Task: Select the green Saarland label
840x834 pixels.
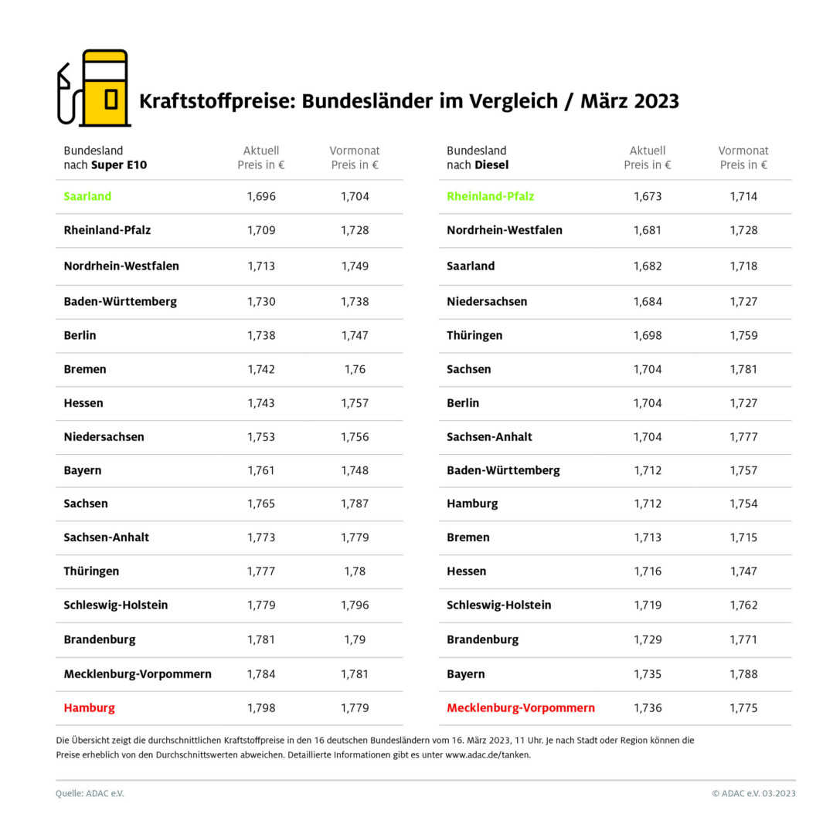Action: click(x=87, y=196)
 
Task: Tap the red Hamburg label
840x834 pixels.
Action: click(x=89, y=707)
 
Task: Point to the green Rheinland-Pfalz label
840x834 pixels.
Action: click(x=490, y=196)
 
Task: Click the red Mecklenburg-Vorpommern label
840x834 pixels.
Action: click(x=521, y=707)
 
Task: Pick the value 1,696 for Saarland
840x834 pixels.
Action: click(x=261, y=196)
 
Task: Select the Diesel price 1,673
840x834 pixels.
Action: click(x=648, y=196)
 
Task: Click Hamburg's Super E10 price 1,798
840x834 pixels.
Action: click(x=261, y=707)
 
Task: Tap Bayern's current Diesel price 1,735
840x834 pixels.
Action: click(x=648, y=673)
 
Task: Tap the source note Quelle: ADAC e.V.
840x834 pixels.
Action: click(x=90, y=793)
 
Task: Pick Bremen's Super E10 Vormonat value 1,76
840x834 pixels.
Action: click(x=355, y=369)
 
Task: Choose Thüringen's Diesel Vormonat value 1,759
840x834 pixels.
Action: click(x=743, y=335)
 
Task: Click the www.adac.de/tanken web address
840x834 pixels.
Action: click(x=487, y=755)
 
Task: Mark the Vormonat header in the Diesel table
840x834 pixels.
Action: click(x=743, y=151)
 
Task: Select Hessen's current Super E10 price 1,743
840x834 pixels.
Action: click(x=261, y=403)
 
